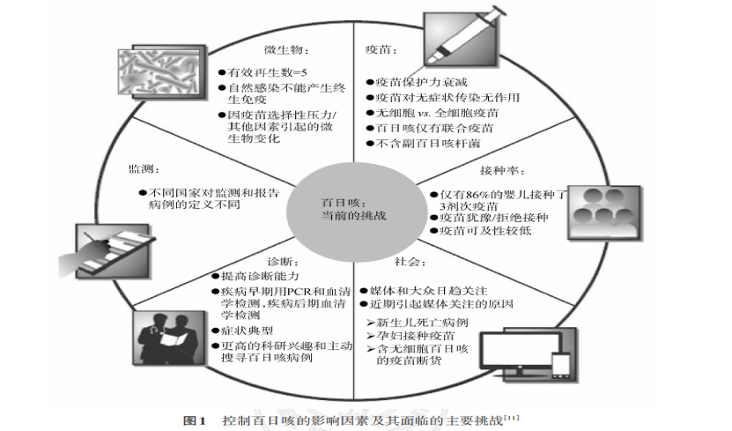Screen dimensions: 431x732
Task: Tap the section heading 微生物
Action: click(284, 49)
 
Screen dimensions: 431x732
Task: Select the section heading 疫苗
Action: click(376, 49)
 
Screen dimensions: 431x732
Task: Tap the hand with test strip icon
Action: click(104, 249)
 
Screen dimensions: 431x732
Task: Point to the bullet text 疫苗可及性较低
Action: click(478, 231)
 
